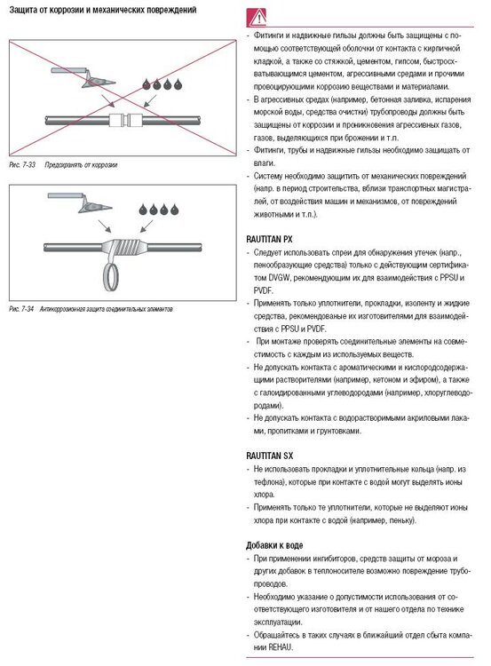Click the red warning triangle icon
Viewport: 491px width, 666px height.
coord(257,19)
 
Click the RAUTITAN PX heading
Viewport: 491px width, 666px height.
coord(269,239)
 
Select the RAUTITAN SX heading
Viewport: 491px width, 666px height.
coord(269,456)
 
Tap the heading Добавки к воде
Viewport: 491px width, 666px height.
coord(274,545)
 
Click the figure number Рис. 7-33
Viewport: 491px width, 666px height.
coord(22,165)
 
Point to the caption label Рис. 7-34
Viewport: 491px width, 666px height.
coord(21,309)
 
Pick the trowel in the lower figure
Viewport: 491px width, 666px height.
coord(80,202)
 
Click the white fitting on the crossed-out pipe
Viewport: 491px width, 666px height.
coord(125,120)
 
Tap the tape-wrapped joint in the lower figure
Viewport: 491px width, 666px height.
coord(125,247)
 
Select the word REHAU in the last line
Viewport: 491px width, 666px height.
coord(281,647)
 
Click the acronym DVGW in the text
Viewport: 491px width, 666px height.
coord(279,278)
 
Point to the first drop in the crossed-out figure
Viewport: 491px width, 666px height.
coord(147,84)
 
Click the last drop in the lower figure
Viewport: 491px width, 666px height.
coord(175,210)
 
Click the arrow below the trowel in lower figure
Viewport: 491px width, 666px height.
coord(105,226)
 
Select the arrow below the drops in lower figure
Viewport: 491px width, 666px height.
coord(147,226)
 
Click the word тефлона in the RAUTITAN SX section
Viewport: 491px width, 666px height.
coord(269,482)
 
